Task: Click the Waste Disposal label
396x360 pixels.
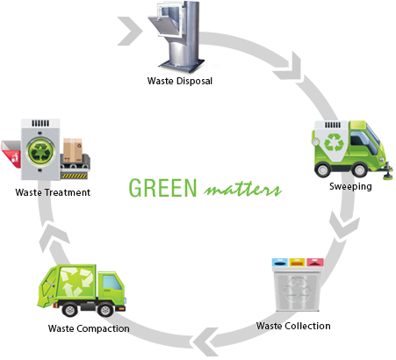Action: pos(179,82)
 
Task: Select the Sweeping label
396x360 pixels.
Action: pos(349,187)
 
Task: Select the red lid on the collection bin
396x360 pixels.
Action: pos(311,262)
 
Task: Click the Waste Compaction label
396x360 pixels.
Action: pos(89,329)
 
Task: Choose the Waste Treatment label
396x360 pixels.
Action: pos(54,191)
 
